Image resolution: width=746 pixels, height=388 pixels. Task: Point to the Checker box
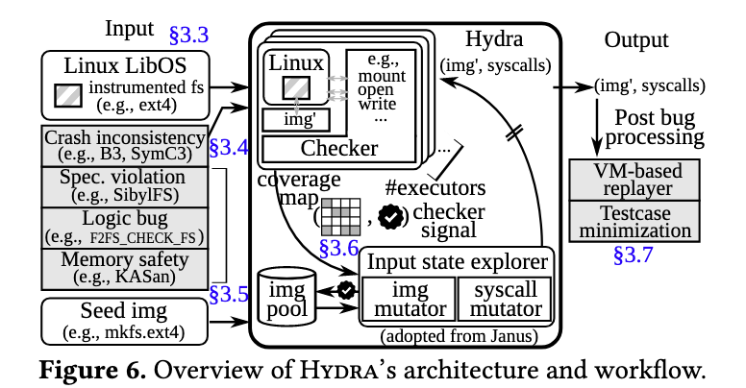pos(340,148)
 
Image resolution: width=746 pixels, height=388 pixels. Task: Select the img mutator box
pos(409,300)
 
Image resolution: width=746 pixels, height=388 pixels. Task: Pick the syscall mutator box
pos(503,300)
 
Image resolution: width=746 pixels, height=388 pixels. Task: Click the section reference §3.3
pos(188,36)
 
